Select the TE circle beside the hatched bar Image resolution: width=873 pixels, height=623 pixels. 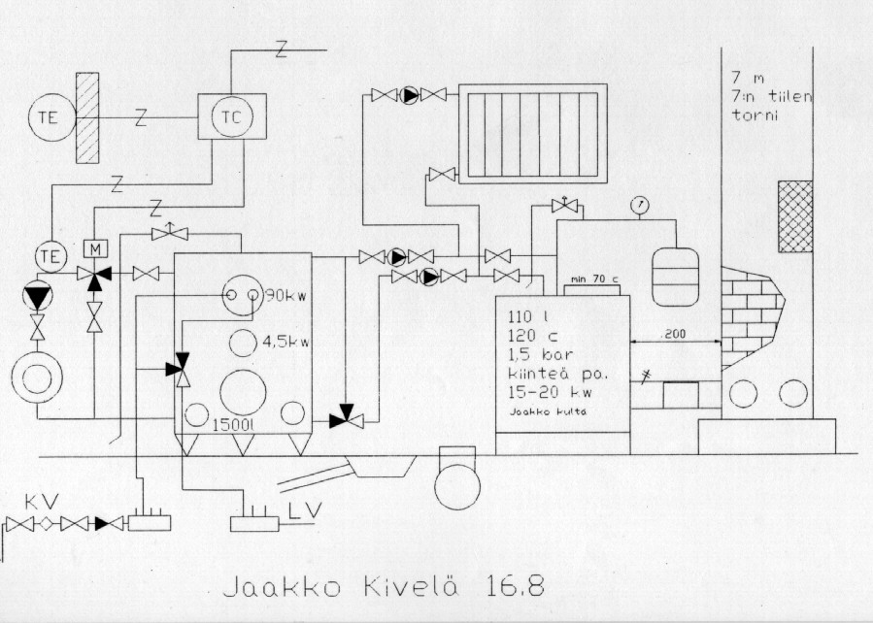click(49, 118)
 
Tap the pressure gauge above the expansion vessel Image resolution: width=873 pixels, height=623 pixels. click(638, 206)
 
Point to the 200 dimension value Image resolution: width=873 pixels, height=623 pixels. click(674, 334)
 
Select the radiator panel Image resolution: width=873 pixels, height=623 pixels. click(532, 133)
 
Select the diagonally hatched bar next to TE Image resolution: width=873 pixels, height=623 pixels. click(88, 118)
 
